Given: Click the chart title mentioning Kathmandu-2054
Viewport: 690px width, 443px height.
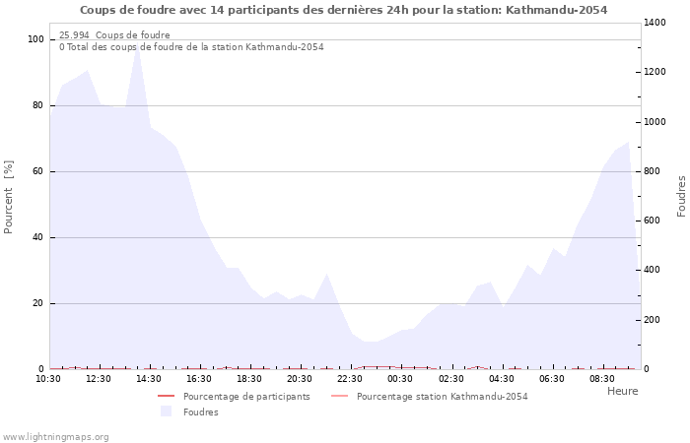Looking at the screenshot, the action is [343, 10].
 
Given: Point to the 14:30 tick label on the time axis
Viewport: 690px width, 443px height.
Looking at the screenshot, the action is [149, 379].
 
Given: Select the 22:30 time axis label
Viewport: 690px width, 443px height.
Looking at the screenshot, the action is [350, 379].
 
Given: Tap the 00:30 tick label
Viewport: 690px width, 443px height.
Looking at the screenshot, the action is [400, 379].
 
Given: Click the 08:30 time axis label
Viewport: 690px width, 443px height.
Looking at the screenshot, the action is [602, 379].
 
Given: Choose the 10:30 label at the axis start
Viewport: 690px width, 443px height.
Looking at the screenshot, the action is [48, 379].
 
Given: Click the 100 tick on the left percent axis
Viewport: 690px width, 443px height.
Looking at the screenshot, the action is [35, 39].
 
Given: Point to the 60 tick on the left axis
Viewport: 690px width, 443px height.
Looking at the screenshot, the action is [37, 171].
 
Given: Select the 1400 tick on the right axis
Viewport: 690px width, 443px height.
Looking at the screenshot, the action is [655, 23].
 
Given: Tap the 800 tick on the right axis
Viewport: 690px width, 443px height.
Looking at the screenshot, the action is [653, 171].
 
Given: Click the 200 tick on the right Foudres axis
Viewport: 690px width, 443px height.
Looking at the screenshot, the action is [653, 320].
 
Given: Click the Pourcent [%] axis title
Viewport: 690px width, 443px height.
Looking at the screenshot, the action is [8, 197].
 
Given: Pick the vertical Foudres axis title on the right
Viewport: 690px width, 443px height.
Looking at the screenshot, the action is [681, 197].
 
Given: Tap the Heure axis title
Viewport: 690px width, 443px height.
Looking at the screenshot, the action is [623, 391].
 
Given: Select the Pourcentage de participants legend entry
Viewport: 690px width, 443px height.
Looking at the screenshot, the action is [234, 397].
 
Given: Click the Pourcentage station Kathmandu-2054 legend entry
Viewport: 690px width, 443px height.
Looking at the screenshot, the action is [429, 397].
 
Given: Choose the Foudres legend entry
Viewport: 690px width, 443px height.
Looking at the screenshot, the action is [189, 411].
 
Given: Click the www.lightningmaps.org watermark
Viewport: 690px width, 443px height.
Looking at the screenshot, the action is [54, 437].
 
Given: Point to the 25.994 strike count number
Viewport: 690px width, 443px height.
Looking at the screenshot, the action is [74, 34].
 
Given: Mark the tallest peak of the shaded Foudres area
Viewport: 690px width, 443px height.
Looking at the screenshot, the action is [138, 43].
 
